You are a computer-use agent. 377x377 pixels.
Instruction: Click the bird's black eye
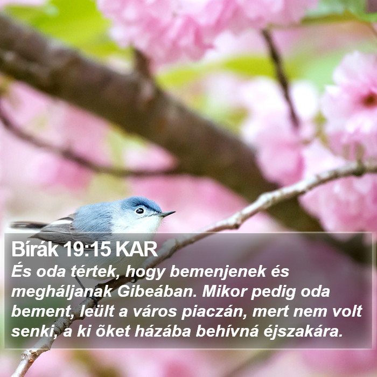coord(139,211)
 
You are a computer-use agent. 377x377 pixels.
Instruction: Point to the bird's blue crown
coord(141,203)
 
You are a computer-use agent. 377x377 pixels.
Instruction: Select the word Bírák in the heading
coord(35,249)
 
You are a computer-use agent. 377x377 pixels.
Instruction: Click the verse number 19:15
coord(87,249)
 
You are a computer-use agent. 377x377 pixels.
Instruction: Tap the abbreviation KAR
coord(136,249)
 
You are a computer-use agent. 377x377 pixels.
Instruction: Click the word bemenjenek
coord(218,272)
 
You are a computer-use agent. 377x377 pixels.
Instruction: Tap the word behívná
coord(227,331)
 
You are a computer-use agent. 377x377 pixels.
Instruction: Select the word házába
coord(163,331)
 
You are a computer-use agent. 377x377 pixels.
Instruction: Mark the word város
coord(155,312)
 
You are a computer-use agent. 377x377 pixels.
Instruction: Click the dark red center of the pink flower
coord(370,100)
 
